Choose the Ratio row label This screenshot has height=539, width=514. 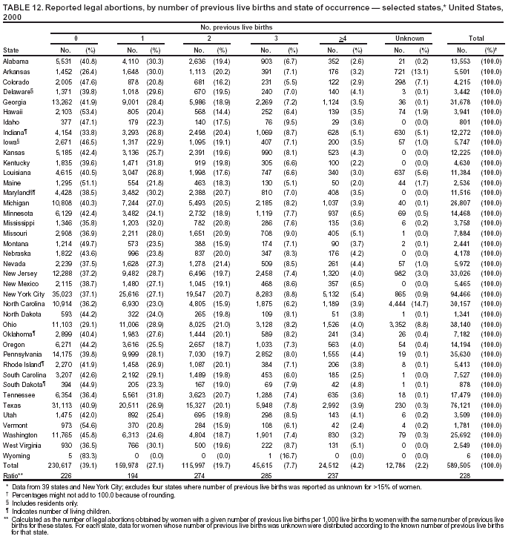[13, 452]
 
